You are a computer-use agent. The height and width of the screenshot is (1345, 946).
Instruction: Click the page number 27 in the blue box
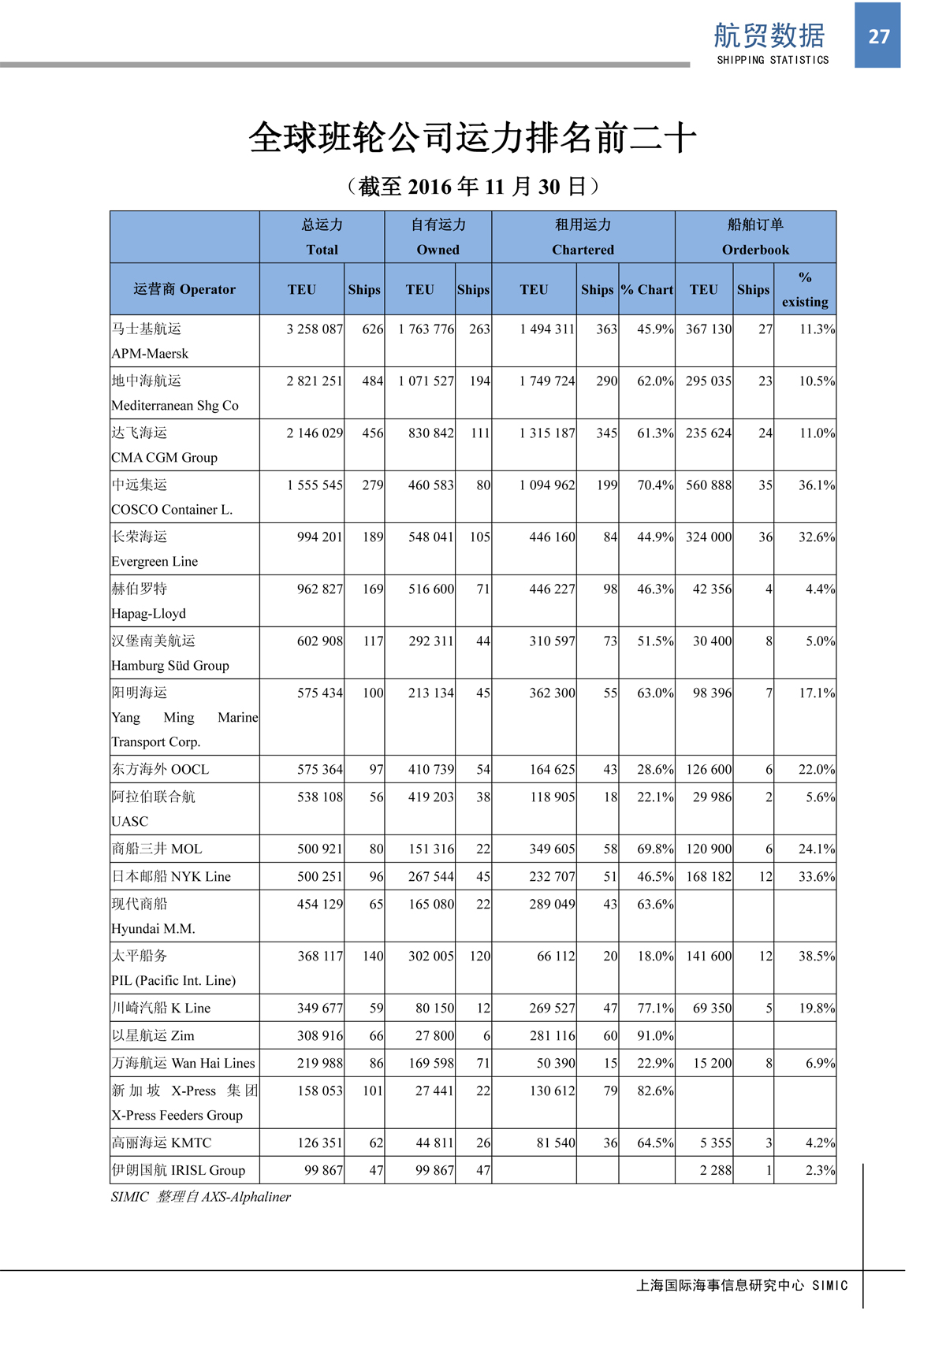tap(878, 36)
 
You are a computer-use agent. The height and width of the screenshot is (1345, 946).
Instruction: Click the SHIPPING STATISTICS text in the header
tap(773, 60)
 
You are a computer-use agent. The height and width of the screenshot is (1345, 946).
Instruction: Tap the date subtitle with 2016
tap(473, 187)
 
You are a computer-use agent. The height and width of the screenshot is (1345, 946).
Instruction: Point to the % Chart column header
tap(646, 289)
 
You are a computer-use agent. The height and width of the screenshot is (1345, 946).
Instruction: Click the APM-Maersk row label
tap(150, 353)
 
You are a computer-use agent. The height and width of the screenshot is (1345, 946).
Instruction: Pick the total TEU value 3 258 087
tap(315, 329)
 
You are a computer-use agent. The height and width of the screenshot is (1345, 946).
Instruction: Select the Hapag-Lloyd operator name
tap(148, 613)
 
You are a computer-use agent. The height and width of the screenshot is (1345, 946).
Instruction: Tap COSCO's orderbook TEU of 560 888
tap(708, 485)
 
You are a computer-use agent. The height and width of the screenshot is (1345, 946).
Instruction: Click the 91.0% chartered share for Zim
tap(655, 1035)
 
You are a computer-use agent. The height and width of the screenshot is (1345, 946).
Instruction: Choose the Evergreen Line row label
tap(155, 561)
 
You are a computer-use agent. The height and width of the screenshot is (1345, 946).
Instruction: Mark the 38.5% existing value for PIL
tap(816, 956)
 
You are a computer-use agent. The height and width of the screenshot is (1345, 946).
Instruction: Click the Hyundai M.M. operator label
tap(153, 928)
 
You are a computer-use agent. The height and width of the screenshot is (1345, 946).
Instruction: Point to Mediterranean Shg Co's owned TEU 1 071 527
tap(426, 381)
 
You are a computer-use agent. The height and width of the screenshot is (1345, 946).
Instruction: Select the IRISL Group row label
tap(178, 1170)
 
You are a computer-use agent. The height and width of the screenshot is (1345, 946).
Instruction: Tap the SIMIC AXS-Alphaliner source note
tap(200, 1197)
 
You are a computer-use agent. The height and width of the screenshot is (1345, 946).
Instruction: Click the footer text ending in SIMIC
tap(742, 1285)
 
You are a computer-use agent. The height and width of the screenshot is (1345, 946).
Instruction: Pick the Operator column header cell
tap(184, 289)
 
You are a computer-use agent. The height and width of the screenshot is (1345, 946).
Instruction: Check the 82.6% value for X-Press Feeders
tap(655, 1090)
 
